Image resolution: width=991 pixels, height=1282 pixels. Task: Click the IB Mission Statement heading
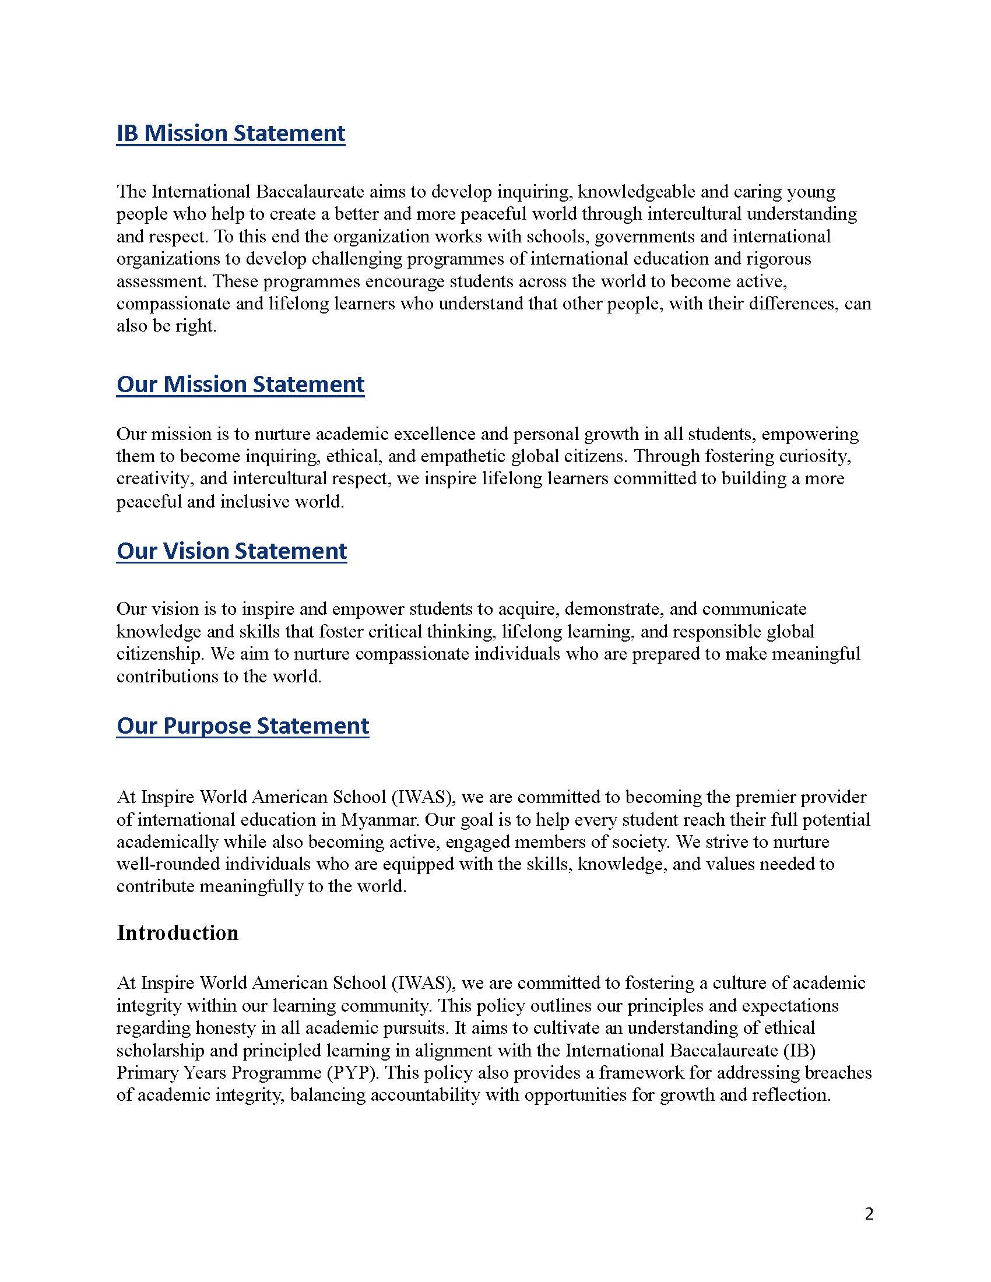click(230, 133)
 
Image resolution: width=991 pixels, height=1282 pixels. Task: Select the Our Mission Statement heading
click(240, 385)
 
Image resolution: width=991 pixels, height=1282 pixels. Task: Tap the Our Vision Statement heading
click(231, 551)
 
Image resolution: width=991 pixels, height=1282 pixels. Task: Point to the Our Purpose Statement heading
click(243, 726)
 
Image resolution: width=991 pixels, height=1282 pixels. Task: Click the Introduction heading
click(177, 933)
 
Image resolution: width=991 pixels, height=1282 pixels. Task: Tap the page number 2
click(869, 1214)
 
